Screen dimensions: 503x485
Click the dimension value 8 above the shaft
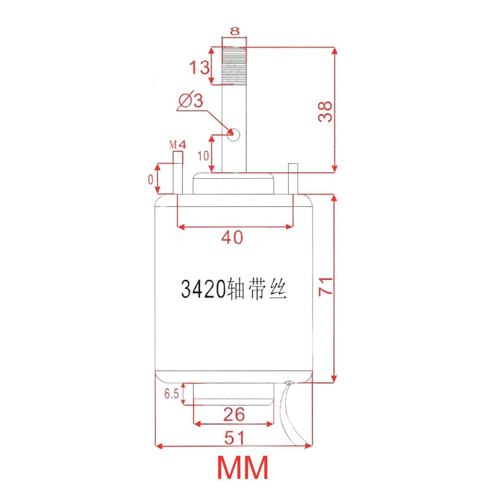[235, 31]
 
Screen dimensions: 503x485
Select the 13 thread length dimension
[198, 68]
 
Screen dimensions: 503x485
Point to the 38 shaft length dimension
[325, 111]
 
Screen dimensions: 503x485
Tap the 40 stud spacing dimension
[232, 237]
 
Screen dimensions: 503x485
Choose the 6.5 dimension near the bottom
[172, 394]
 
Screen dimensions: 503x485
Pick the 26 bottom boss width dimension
[234, 414]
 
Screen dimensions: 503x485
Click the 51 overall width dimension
[234, 437]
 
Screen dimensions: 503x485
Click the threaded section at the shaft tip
[234, 66]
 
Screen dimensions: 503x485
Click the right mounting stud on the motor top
[293, 179]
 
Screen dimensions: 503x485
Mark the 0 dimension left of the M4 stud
[150, 179]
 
